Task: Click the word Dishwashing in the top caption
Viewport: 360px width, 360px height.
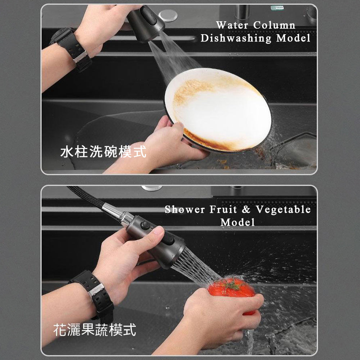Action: [x=236, y=38]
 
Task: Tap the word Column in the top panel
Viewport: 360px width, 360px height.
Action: [x=274, y=25]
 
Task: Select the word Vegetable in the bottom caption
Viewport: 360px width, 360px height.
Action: [x=283, y=210]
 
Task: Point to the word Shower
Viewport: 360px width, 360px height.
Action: [x=185, y=210]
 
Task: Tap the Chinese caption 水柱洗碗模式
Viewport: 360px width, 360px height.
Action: [x=103, y=152]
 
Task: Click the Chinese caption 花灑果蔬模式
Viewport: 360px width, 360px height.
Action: [x=95, y=330]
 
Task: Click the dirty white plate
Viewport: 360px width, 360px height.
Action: [x=218, y=110]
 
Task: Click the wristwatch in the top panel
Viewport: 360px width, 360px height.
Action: [x=71, y=49]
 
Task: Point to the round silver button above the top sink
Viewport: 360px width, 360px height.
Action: [x=168, y=15]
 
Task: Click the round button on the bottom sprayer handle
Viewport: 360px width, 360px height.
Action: [x=145, y=225]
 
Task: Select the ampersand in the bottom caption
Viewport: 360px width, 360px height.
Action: [x=246, y=210]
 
